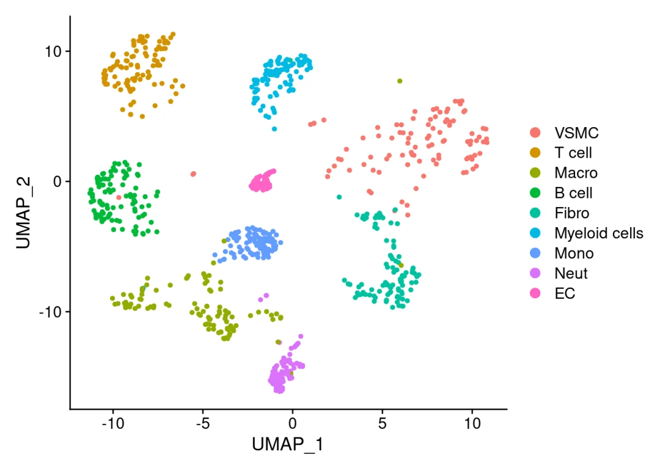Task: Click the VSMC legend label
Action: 576,133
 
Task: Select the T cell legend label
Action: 573,153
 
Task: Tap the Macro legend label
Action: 576,173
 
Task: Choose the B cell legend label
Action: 573,193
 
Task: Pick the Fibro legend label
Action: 572,213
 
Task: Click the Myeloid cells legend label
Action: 598,233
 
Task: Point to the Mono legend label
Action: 574,253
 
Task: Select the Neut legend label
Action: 571,273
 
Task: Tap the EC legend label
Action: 565,293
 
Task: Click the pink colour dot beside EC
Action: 535,293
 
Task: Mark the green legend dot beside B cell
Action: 535,193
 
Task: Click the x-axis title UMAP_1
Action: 288,445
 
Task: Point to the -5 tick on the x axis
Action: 202,422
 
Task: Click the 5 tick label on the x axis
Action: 382,422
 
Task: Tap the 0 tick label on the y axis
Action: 57,181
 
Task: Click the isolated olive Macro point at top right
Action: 400,81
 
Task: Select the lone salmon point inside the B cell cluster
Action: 119,197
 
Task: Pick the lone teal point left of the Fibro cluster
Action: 339,197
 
